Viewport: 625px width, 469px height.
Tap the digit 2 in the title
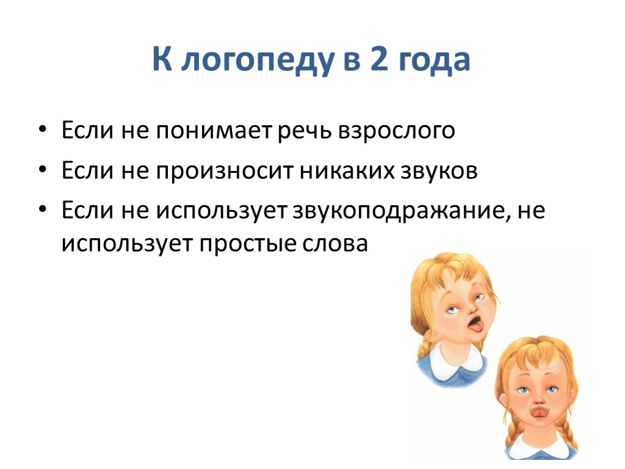379,58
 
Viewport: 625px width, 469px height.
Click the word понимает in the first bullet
213,131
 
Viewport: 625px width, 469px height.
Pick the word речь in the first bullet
304,132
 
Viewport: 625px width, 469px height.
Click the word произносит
225,172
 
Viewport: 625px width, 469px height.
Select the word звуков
438,172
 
